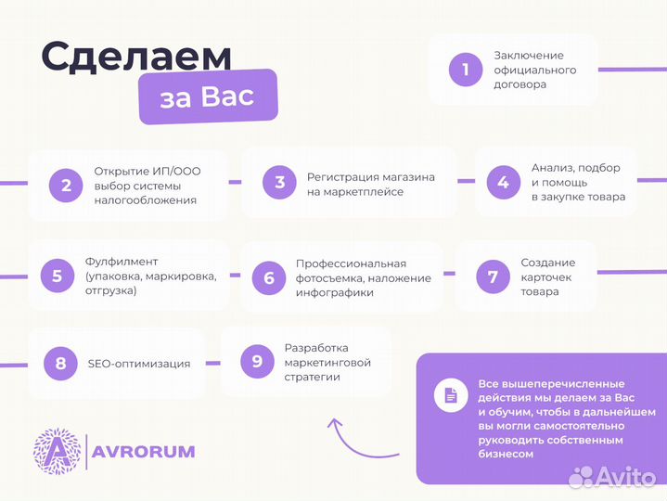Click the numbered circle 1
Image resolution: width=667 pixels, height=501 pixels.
(x=466, y=70)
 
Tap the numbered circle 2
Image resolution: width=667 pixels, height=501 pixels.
(x=66, y=185)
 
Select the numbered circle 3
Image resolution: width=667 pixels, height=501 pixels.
(x=279, y=183)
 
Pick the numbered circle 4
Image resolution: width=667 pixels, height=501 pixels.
(x=503, y=183)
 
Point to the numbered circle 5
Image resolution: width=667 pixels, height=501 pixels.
(x=58, y=276)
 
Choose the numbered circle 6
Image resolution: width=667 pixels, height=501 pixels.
(x=269, y=277)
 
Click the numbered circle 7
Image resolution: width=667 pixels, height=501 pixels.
(x=493, y=276)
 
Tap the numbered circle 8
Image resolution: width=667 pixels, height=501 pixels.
(x=60, y=363)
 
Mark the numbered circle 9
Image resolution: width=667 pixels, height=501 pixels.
(x=257, y=361)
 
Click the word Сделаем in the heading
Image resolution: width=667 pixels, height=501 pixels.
(x=136, y=55)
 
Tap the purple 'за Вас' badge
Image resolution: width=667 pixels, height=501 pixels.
(x=208, y=96)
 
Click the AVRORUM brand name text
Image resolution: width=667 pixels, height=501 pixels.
(x=144, y=452)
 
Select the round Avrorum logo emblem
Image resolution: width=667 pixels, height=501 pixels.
(x=57, y=452)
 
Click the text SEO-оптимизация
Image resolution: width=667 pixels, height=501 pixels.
(x=139, y=364)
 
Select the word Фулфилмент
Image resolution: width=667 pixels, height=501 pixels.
(x=122, y=262)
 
